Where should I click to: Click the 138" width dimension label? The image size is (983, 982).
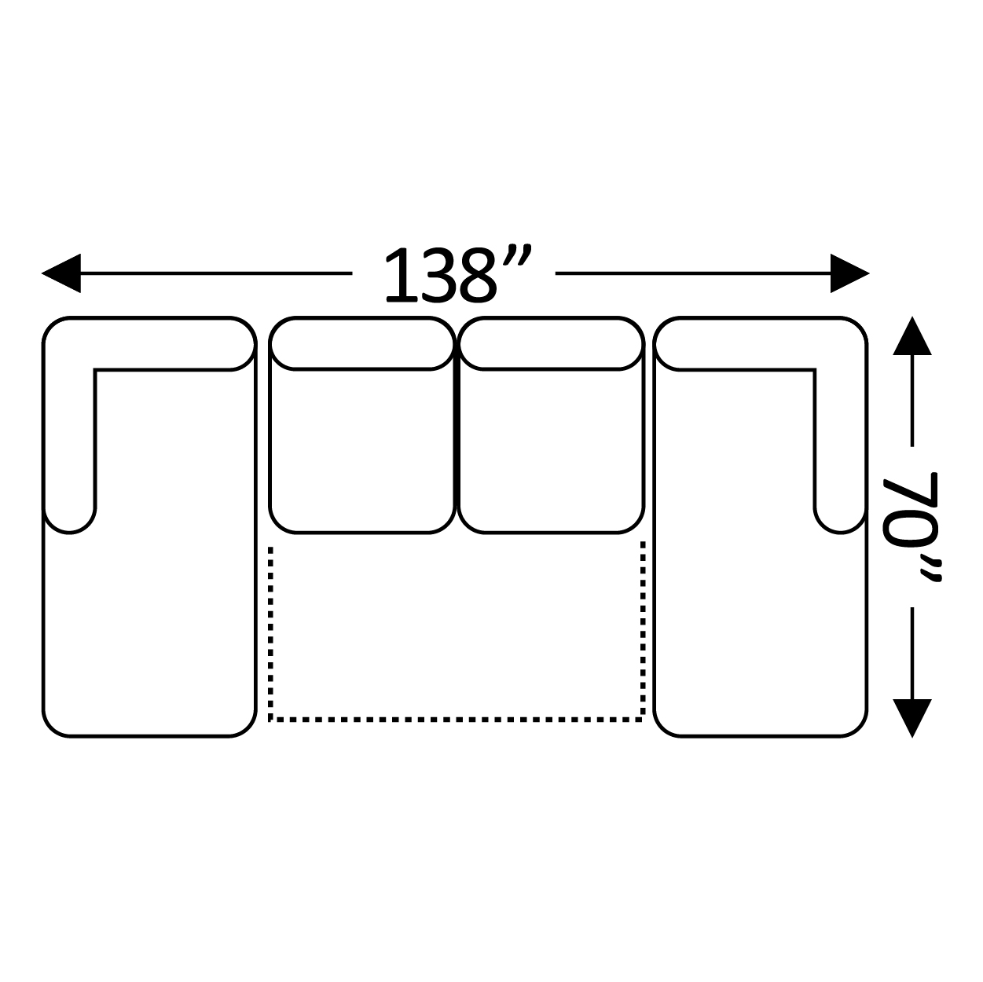(458, 273)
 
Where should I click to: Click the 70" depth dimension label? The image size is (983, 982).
(912, 526)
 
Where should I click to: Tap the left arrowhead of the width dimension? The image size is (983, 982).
(61, 273)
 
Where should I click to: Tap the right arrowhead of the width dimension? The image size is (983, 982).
(850, 273)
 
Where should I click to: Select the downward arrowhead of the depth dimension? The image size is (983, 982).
(912, 718)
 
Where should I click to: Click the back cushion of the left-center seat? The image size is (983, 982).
(362, 343)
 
